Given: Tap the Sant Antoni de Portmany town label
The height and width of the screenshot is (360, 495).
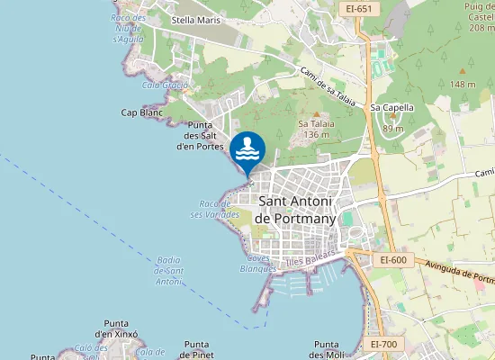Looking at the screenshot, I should pos(295,211).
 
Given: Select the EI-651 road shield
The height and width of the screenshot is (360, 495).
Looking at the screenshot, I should pos(357,9).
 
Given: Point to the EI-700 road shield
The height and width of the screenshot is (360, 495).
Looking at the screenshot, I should pos(384,344).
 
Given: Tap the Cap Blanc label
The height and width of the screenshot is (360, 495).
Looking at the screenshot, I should pos(141,113).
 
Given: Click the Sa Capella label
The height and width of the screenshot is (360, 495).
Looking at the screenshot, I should pos(392,107).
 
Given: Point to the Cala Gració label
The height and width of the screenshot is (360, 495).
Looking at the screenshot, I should pos(164,85).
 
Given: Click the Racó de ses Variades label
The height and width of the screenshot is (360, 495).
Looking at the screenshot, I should pos(214,210).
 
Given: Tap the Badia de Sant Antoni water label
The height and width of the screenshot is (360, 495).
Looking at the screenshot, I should pos(168,271).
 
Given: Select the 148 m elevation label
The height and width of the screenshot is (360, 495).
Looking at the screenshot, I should pos(463,85).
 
